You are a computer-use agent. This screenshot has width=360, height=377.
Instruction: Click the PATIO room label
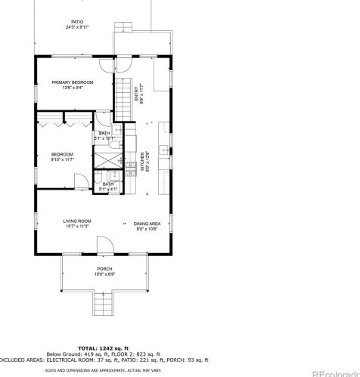tap(77, 22)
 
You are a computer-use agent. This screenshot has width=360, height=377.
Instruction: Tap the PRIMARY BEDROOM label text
tap(71, 82)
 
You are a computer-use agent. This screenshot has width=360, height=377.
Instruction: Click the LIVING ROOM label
tap(76, 221)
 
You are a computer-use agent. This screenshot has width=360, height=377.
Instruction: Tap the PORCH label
tap(104, 269)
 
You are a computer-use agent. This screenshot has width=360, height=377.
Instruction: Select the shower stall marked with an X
tap(108, 160)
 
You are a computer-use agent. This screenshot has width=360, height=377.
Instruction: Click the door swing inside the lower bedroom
tap(79, 181)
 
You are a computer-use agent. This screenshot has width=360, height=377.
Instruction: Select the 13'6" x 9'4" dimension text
tap(71, 87)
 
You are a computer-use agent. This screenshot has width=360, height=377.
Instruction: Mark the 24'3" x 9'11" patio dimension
tap(77, 27)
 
